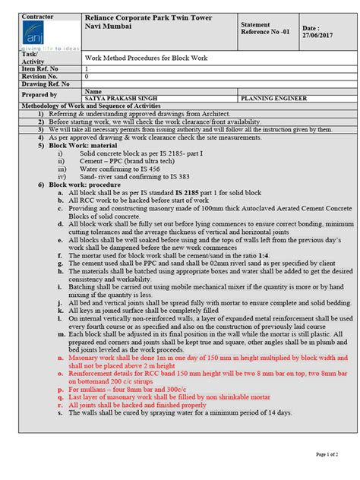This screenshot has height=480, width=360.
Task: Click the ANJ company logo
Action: tap(36, 34)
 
